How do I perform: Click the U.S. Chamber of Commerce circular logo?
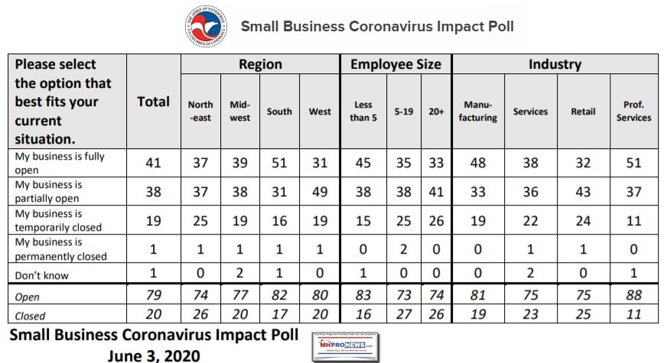(205, 26)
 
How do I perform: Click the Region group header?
(260, 65)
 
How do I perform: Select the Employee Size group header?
(395, 65)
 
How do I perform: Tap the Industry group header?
(555, 65)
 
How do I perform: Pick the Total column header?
(153, 102)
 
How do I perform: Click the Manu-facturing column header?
(480, 112)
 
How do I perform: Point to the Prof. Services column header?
(633, 112)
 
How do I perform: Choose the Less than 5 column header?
(363, 112)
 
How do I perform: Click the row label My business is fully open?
(59, 162)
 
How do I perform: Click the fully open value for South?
(279, 162)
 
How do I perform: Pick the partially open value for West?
(320, 193)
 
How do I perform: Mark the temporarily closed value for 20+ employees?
(436, 221)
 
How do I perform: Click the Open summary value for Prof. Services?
(633, 295)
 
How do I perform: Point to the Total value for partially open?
(153, 193)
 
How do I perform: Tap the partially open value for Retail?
(583, 193)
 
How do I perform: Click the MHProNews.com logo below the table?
(346, 346)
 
